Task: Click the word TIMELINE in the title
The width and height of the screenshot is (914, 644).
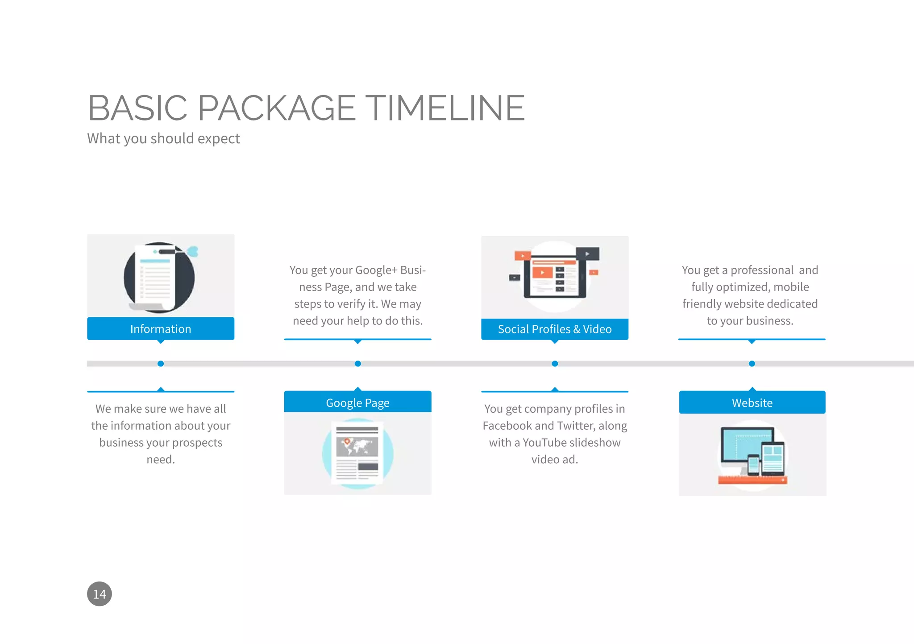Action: pyautogui.click(x=447, y=108)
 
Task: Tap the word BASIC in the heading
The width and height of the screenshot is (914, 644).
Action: pyautogui.click(x=137, y=108)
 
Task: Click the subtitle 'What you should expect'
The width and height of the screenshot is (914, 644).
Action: pyautogui.click(x=163, y=139)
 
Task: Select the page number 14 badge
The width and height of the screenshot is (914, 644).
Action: pyautogui.click(x=99, y=594)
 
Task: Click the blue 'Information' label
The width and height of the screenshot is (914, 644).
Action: pyautogui.click(x=161, y=329)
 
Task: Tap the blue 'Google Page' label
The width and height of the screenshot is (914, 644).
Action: pyautogui.click(x=357, y=403)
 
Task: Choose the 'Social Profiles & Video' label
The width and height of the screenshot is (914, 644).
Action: pyautogui.click(x=555, y=329)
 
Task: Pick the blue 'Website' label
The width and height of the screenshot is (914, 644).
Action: pyautogui.click(x=752, y=403)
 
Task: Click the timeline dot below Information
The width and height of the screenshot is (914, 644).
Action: pyautogui.click(x=161, y=364)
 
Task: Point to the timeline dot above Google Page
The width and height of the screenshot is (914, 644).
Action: pyautogui.click(x=357, y=364)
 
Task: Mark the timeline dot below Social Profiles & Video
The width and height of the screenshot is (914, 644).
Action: pyautogui.click(x=555, y=364)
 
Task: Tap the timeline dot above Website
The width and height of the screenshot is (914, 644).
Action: pyautogui.click(x=752, y=364)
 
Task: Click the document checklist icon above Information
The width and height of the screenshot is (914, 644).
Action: pyautogui.click(x=159, y=277)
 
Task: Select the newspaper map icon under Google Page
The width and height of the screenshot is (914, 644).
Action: pyautogui.click(x=357, y=453)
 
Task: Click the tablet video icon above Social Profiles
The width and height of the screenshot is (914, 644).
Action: pyautogui.click(x=555, y=275)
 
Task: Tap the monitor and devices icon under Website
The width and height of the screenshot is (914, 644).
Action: pyautogui.click(x=752, y=456)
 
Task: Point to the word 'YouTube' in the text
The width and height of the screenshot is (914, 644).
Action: pyautogui.click(x=544, y=443)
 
